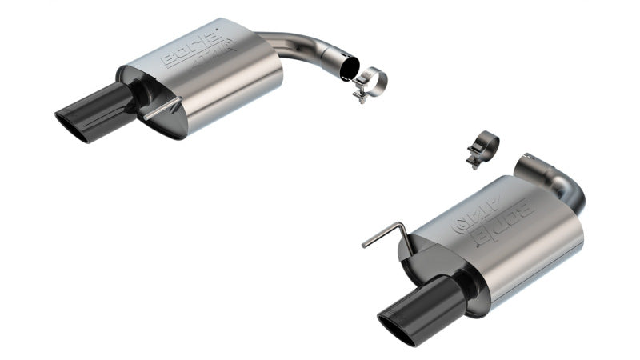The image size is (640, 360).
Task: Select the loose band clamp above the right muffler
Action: point(483,147)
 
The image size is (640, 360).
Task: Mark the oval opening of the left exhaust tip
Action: point(73,129)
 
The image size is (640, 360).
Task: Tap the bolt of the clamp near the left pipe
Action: point(361,97)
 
